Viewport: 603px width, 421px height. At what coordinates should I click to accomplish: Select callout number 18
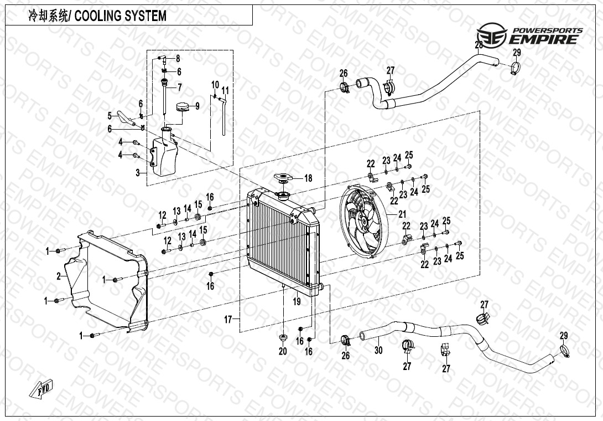308,178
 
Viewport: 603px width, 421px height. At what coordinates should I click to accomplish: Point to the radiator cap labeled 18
283,177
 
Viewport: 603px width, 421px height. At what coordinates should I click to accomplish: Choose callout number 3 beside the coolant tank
137,173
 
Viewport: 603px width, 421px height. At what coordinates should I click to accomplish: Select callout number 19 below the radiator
297,302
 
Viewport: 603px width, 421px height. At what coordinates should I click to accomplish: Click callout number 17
227,319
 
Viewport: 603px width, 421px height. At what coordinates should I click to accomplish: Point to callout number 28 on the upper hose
479,44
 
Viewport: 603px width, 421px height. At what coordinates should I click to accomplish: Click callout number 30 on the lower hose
378,350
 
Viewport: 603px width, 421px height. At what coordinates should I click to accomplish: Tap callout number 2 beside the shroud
59,276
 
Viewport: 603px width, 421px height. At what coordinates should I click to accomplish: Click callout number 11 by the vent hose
225,90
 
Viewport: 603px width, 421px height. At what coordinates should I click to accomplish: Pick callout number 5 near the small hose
110,115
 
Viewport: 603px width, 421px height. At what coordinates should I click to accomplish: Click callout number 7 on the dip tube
179,87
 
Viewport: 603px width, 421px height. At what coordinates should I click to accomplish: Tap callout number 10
215,84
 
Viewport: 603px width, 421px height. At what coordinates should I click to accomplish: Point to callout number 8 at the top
178,59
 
